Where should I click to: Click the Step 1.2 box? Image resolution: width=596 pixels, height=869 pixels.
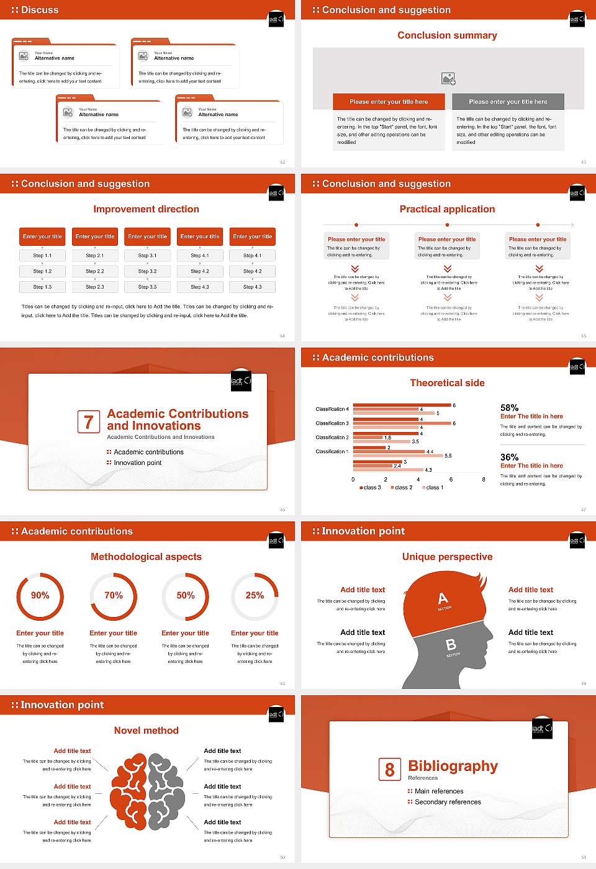42,271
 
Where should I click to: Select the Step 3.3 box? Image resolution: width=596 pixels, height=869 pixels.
148,287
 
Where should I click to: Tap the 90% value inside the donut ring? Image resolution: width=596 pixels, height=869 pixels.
40,595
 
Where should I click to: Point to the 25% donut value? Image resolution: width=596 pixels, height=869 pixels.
255,595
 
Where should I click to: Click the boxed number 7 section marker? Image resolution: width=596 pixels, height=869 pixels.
88,422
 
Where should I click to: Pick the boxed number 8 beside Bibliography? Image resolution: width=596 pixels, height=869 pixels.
389,770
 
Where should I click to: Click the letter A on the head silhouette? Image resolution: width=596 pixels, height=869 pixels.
443,598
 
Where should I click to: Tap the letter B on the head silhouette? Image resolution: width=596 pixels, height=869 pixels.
451,645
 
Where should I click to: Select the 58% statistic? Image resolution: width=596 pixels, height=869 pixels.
510,408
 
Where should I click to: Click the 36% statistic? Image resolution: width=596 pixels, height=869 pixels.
510,457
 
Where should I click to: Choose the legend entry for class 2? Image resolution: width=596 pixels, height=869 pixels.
401,488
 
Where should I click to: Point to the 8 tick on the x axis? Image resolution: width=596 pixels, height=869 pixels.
484,479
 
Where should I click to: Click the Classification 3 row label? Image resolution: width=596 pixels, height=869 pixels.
332,423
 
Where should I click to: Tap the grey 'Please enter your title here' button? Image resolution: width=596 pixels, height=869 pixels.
508,102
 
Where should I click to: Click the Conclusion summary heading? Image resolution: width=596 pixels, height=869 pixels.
447,35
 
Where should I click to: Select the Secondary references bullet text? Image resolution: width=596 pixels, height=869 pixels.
448,802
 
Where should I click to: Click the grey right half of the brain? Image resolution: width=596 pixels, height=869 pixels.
166,791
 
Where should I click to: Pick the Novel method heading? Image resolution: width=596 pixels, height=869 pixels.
147,731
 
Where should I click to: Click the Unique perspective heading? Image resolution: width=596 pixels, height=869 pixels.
447,557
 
